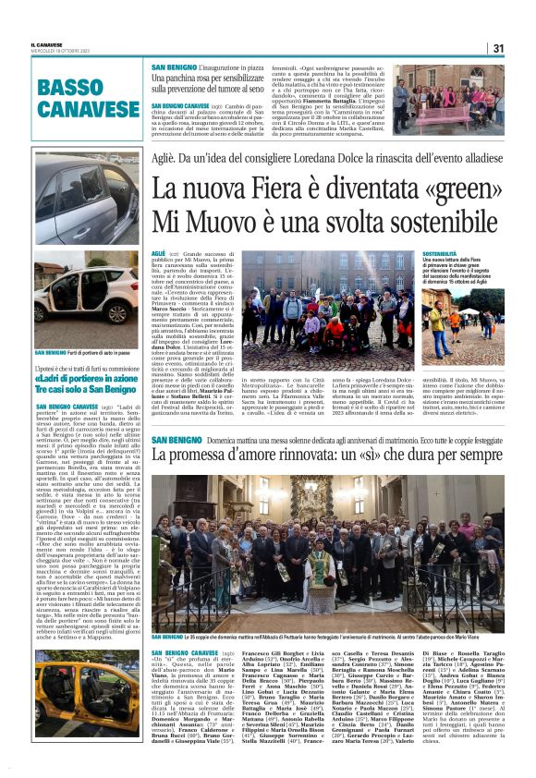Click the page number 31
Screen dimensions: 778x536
pos(498,48)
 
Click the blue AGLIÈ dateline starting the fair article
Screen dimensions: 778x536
pos(158,252)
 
